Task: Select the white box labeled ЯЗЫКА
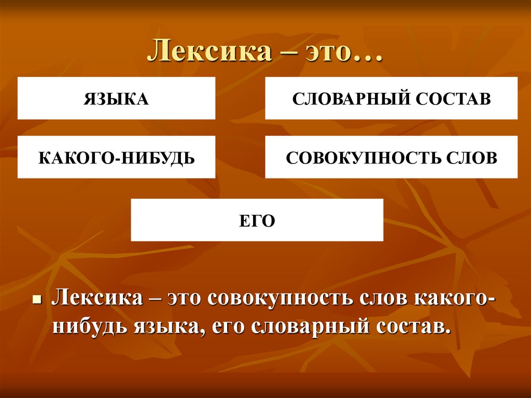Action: click(116, 99)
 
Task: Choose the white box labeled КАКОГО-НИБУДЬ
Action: click(116, 157)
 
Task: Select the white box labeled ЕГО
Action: click(257, 220)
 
